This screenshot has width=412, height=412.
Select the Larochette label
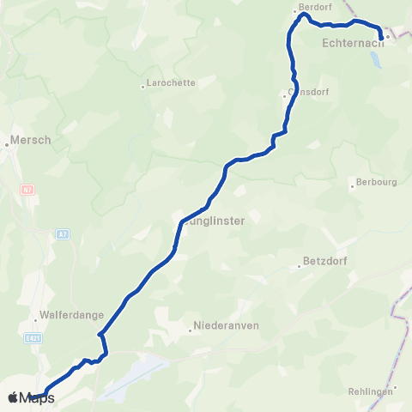tap(172, 83)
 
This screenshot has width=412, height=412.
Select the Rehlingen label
tap(370, 391)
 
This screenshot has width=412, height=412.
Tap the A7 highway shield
tap(63, 233)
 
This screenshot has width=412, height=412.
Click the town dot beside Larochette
tap(143, 86)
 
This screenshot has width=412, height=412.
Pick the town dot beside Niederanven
tap(190, 327)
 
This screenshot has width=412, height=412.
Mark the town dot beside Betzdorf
tap(297, 265)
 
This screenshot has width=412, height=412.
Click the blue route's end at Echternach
tap(380, 39)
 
